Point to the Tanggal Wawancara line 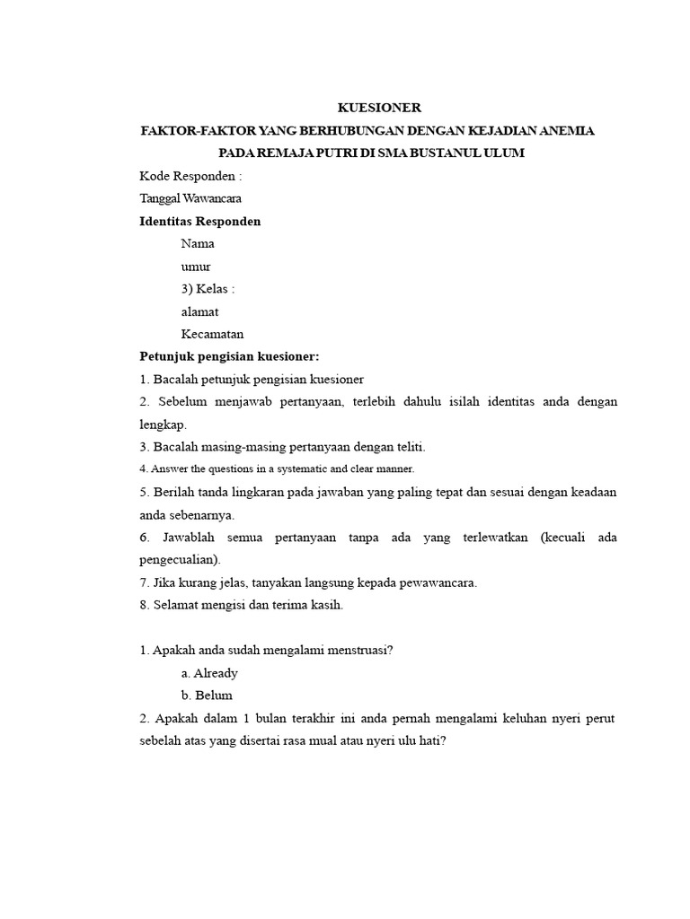[190, 198]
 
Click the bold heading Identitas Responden [200, 221]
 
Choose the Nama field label [198, 243]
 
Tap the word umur [196, 267]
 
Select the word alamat [199, 311]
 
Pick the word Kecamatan [212, 334]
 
